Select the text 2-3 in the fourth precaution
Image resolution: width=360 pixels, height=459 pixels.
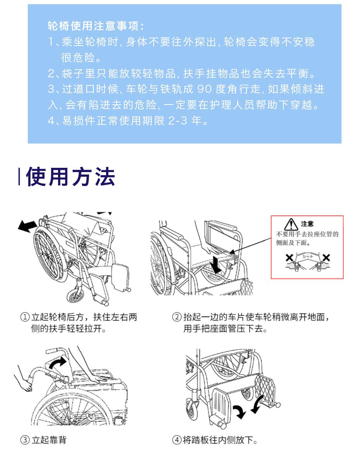pyautogui.click(x=178, y=120)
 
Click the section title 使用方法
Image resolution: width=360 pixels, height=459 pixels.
pyautogui.click(x=70, y=177)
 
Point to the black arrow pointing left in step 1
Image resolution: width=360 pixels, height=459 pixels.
pyautogui.click(x=27, y=226)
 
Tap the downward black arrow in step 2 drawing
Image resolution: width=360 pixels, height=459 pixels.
pyautogui.click(x=216, y=264)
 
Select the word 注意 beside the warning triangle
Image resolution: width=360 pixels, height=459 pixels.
pyautogui.click(x=307, y=224)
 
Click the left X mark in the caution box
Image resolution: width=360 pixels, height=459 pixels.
pyautogui.click(x=290, y=258)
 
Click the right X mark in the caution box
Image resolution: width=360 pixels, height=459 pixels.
pyautogui.click(x=326, y=258)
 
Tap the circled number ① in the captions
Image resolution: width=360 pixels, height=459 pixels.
pyautogui.click(x=25, y=317)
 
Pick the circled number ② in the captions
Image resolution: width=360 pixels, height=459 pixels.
pyautogui.click(x=177, y=317)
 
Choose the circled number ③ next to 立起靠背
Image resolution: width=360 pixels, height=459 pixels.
pyautogui.click(x=25, y=440)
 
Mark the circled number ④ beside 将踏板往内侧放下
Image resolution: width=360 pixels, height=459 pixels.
pyautogui.click(x=177, y=440)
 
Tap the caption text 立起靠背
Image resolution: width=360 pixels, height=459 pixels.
pyautogui.click(x=49, y=440)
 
